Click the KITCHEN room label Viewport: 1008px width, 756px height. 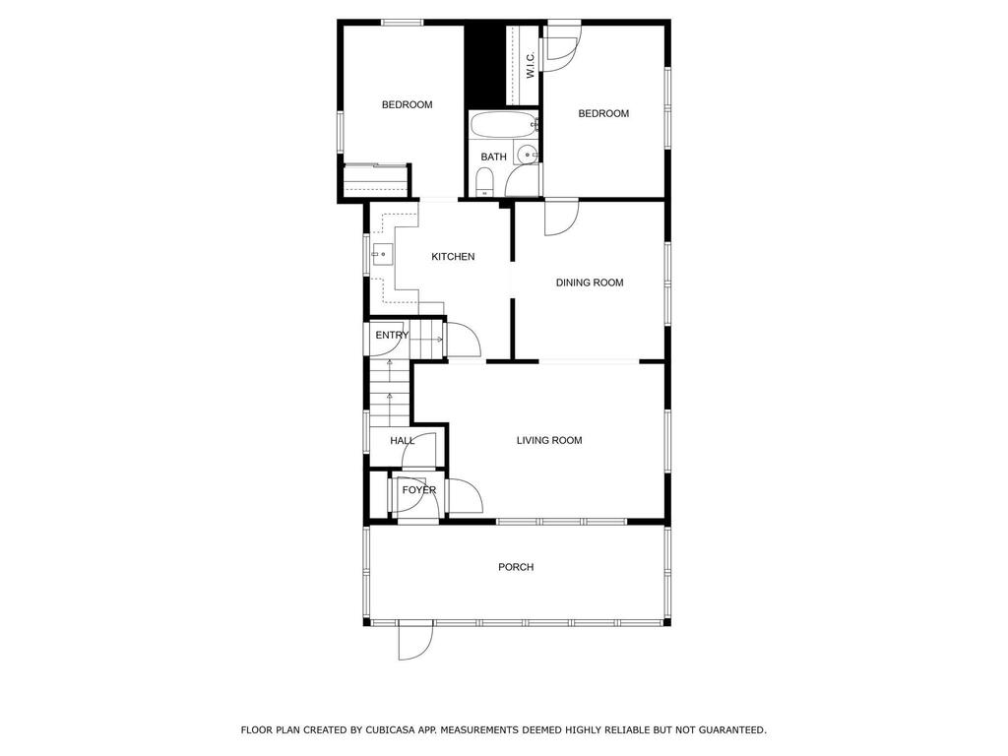[x=453, y=257]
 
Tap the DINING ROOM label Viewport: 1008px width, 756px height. [x=590, y=283]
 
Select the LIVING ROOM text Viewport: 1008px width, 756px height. [x=549, y=440]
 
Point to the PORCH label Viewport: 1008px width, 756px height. [x=516, y=567]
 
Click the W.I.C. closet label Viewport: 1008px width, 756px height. [x=531, y=65]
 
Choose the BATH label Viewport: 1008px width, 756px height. [x=493, y=157]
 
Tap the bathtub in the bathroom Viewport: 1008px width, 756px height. [x=503, y=124]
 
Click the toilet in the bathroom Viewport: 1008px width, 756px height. [x=483, y=182]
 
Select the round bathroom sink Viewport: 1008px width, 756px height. [x=528, y=154]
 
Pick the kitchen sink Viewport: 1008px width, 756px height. [x=382, y=255]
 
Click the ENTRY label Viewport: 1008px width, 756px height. [x=392, y=335]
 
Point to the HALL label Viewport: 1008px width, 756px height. [x=402, y=441]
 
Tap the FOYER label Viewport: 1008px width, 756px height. [x=419, y=490]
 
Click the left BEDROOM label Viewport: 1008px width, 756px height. [x=407, y=104]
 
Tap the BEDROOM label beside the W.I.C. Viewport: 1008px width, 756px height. [x=603, y=114]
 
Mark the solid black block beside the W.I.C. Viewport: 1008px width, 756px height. [x=483, y=65]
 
